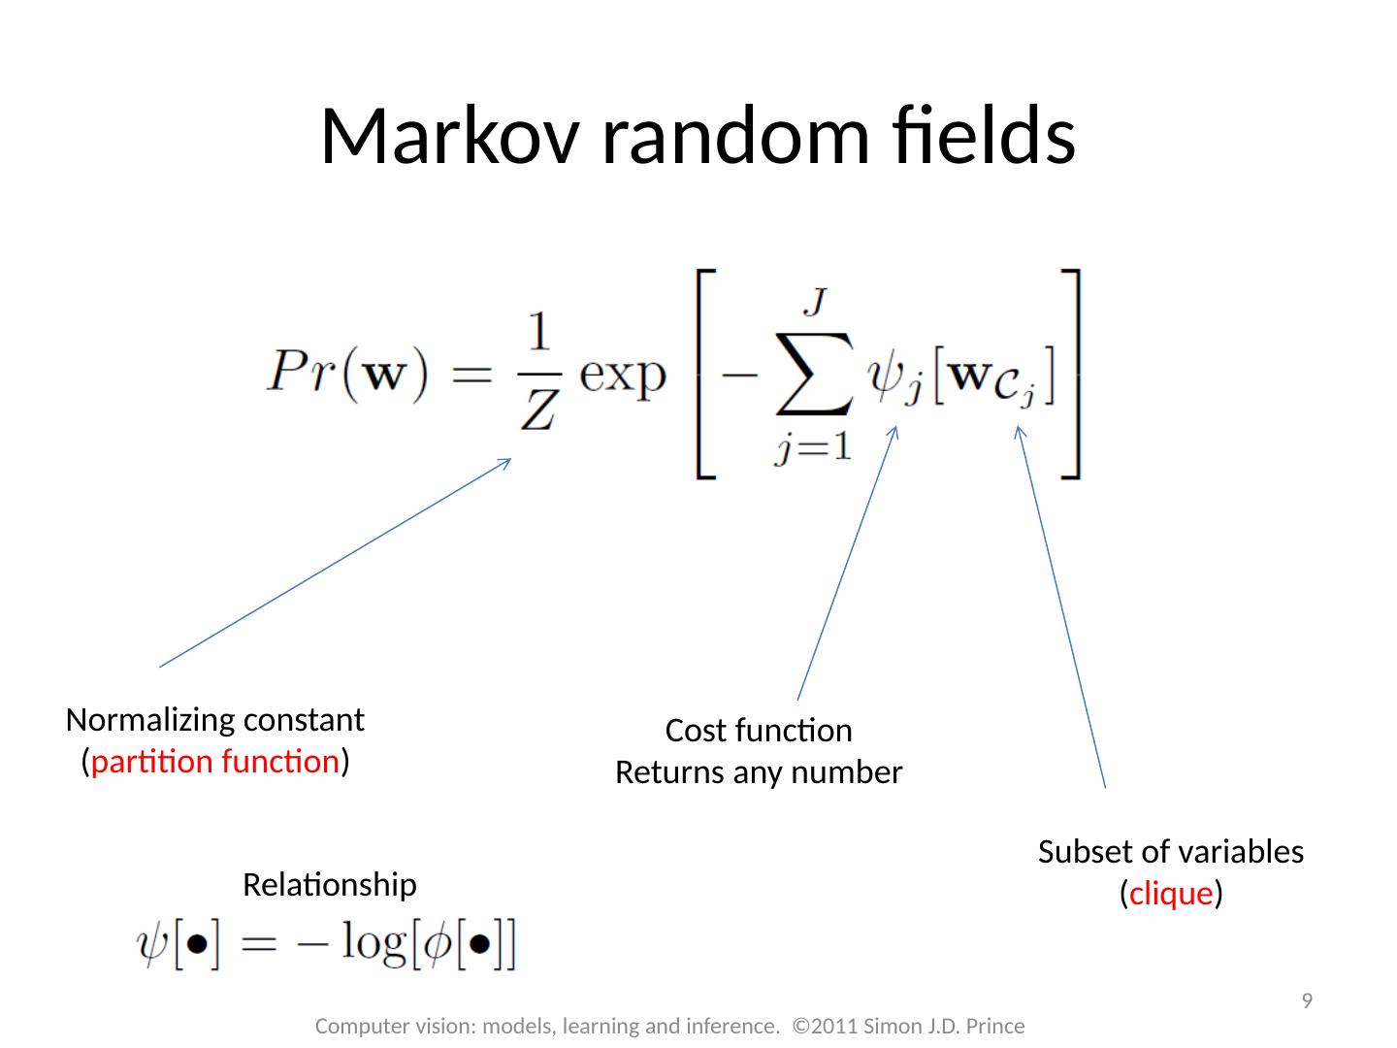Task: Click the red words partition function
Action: pos(214,762)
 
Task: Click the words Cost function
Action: pos(759,731)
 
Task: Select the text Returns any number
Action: pos(759,773)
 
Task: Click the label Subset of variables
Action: pos(1171,852)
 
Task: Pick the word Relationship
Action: pos(329,885)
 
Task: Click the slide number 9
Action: pos(1307,1000)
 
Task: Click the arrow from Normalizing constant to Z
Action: pos(335,562)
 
